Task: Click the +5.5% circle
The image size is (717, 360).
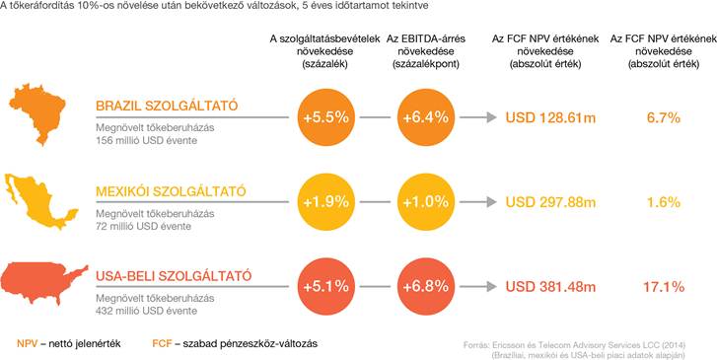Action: point(326,117)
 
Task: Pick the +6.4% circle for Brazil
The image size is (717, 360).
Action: point(426,117)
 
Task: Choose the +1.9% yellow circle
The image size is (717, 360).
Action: point(326,202)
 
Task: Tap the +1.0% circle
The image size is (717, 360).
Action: point(426,202)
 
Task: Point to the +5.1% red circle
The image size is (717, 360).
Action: point(326,287)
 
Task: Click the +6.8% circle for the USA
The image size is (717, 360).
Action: point(426,287)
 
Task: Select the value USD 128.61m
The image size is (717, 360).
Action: point(550,118)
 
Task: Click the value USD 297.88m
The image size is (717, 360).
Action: point(550,202)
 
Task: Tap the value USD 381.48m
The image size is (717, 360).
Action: point(550,287)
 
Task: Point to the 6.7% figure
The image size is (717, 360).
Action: point(664,118)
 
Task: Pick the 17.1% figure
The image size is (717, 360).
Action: point(664,287)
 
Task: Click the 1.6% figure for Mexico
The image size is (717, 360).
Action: point(664,202)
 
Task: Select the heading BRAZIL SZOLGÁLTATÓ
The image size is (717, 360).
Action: point(167,107)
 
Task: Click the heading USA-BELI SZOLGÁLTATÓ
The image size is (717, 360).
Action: point(174,276)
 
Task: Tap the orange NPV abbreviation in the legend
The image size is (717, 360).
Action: point(27,344)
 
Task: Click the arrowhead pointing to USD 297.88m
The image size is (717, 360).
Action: point(491,202)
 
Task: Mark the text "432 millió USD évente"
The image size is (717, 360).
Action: point(146,311)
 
